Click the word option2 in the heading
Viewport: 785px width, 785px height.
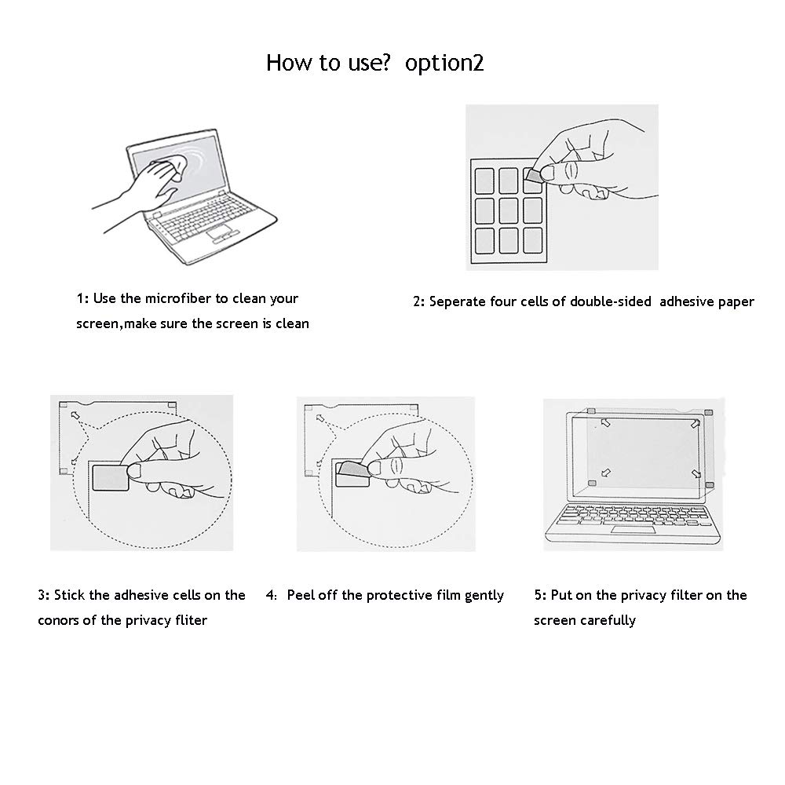point(444,63)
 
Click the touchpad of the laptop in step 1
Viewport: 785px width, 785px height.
point(222,231)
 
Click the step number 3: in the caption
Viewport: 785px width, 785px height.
point(44,595)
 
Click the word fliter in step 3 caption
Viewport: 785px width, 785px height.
point(189,620)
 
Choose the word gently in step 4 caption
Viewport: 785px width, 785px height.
point(484,595)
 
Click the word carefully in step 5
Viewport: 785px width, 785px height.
point(608,620)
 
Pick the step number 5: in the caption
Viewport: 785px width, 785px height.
point(540,595)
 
